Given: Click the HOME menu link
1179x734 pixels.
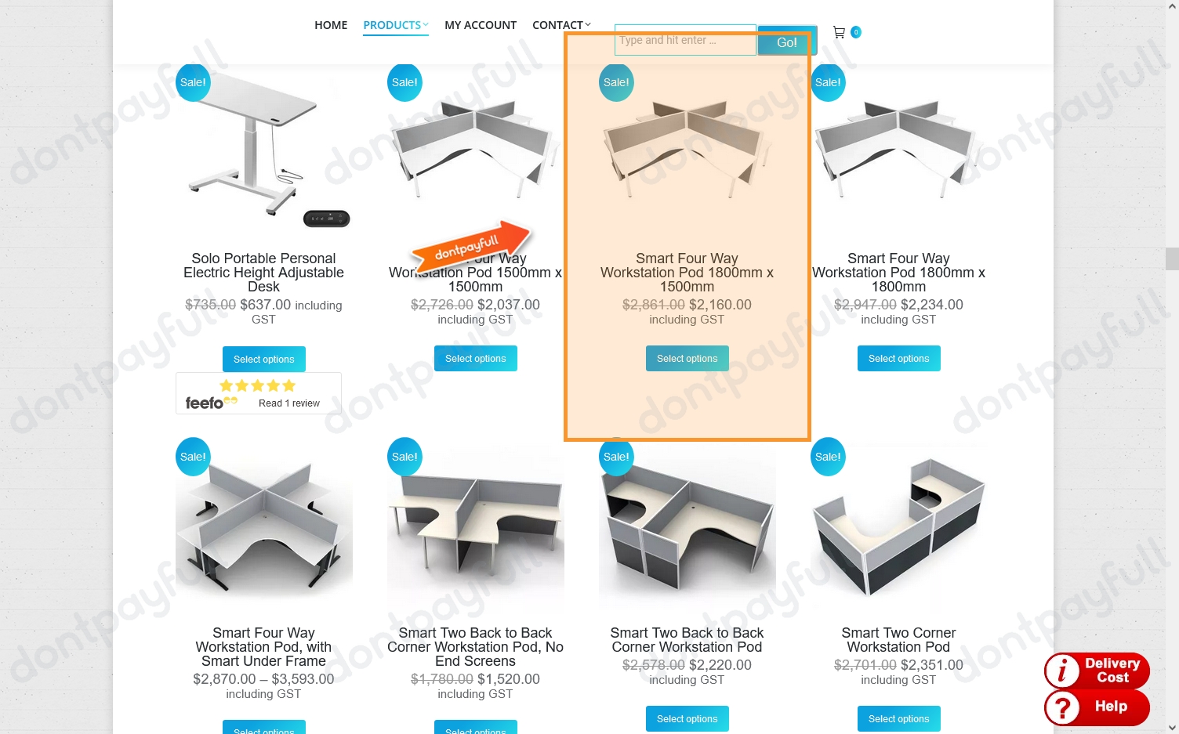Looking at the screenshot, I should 331,25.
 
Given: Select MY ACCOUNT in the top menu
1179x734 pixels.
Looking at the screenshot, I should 480,25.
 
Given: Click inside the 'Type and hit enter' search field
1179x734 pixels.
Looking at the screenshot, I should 684,40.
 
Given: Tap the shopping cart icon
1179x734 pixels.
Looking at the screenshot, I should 839,32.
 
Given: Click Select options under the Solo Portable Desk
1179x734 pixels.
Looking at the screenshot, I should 263,359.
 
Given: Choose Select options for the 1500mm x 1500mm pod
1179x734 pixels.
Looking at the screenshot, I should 475,358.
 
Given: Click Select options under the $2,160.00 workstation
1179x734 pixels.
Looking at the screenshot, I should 687,358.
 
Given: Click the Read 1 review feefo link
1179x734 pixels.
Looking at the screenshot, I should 288,403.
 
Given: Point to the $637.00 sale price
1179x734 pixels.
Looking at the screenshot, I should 265,305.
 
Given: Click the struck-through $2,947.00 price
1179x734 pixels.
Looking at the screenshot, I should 865,305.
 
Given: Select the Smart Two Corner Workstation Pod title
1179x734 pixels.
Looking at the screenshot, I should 898,639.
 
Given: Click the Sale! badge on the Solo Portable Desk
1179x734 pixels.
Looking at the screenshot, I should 193,82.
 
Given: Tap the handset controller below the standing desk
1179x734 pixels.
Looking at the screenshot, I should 326,219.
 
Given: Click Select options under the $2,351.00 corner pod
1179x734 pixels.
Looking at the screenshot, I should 898,718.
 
